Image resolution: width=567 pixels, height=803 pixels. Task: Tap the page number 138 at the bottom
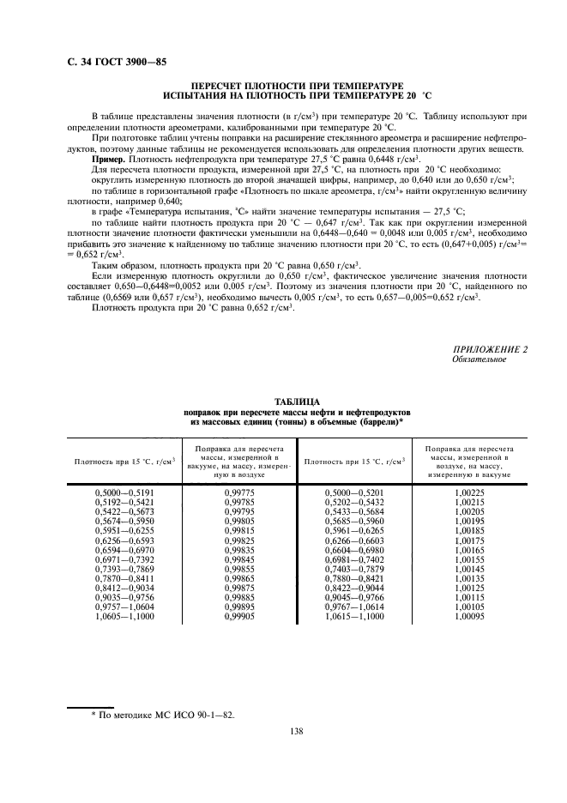tap(297, 731)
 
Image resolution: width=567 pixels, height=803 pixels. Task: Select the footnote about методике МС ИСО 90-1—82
tap(162, 714)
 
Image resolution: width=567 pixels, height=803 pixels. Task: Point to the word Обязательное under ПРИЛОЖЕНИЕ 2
tap(479, 359)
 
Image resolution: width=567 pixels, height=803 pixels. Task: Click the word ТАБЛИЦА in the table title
tap(297, 401)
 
